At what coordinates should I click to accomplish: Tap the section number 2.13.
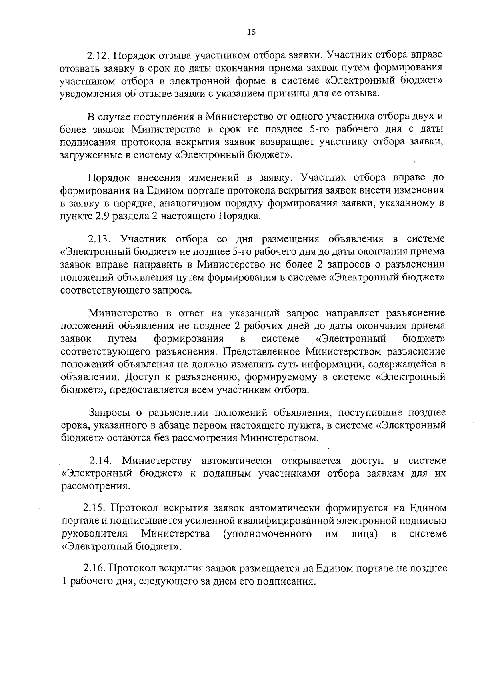99,239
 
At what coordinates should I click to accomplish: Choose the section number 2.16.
94,568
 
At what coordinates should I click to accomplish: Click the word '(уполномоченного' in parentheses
266,534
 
